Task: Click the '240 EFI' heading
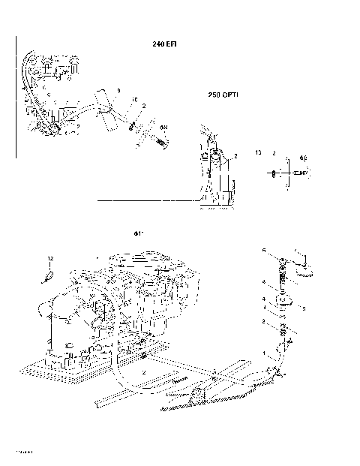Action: coord(164,44)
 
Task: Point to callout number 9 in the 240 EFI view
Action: coord(118,90)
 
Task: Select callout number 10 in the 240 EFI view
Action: coord(134,98)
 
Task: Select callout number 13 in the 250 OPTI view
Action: coord(259,152)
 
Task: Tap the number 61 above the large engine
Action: coord(138,233)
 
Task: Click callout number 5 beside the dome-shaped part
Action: coord(304,308)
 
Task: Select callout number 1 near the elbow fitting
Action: coord(263,352)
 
